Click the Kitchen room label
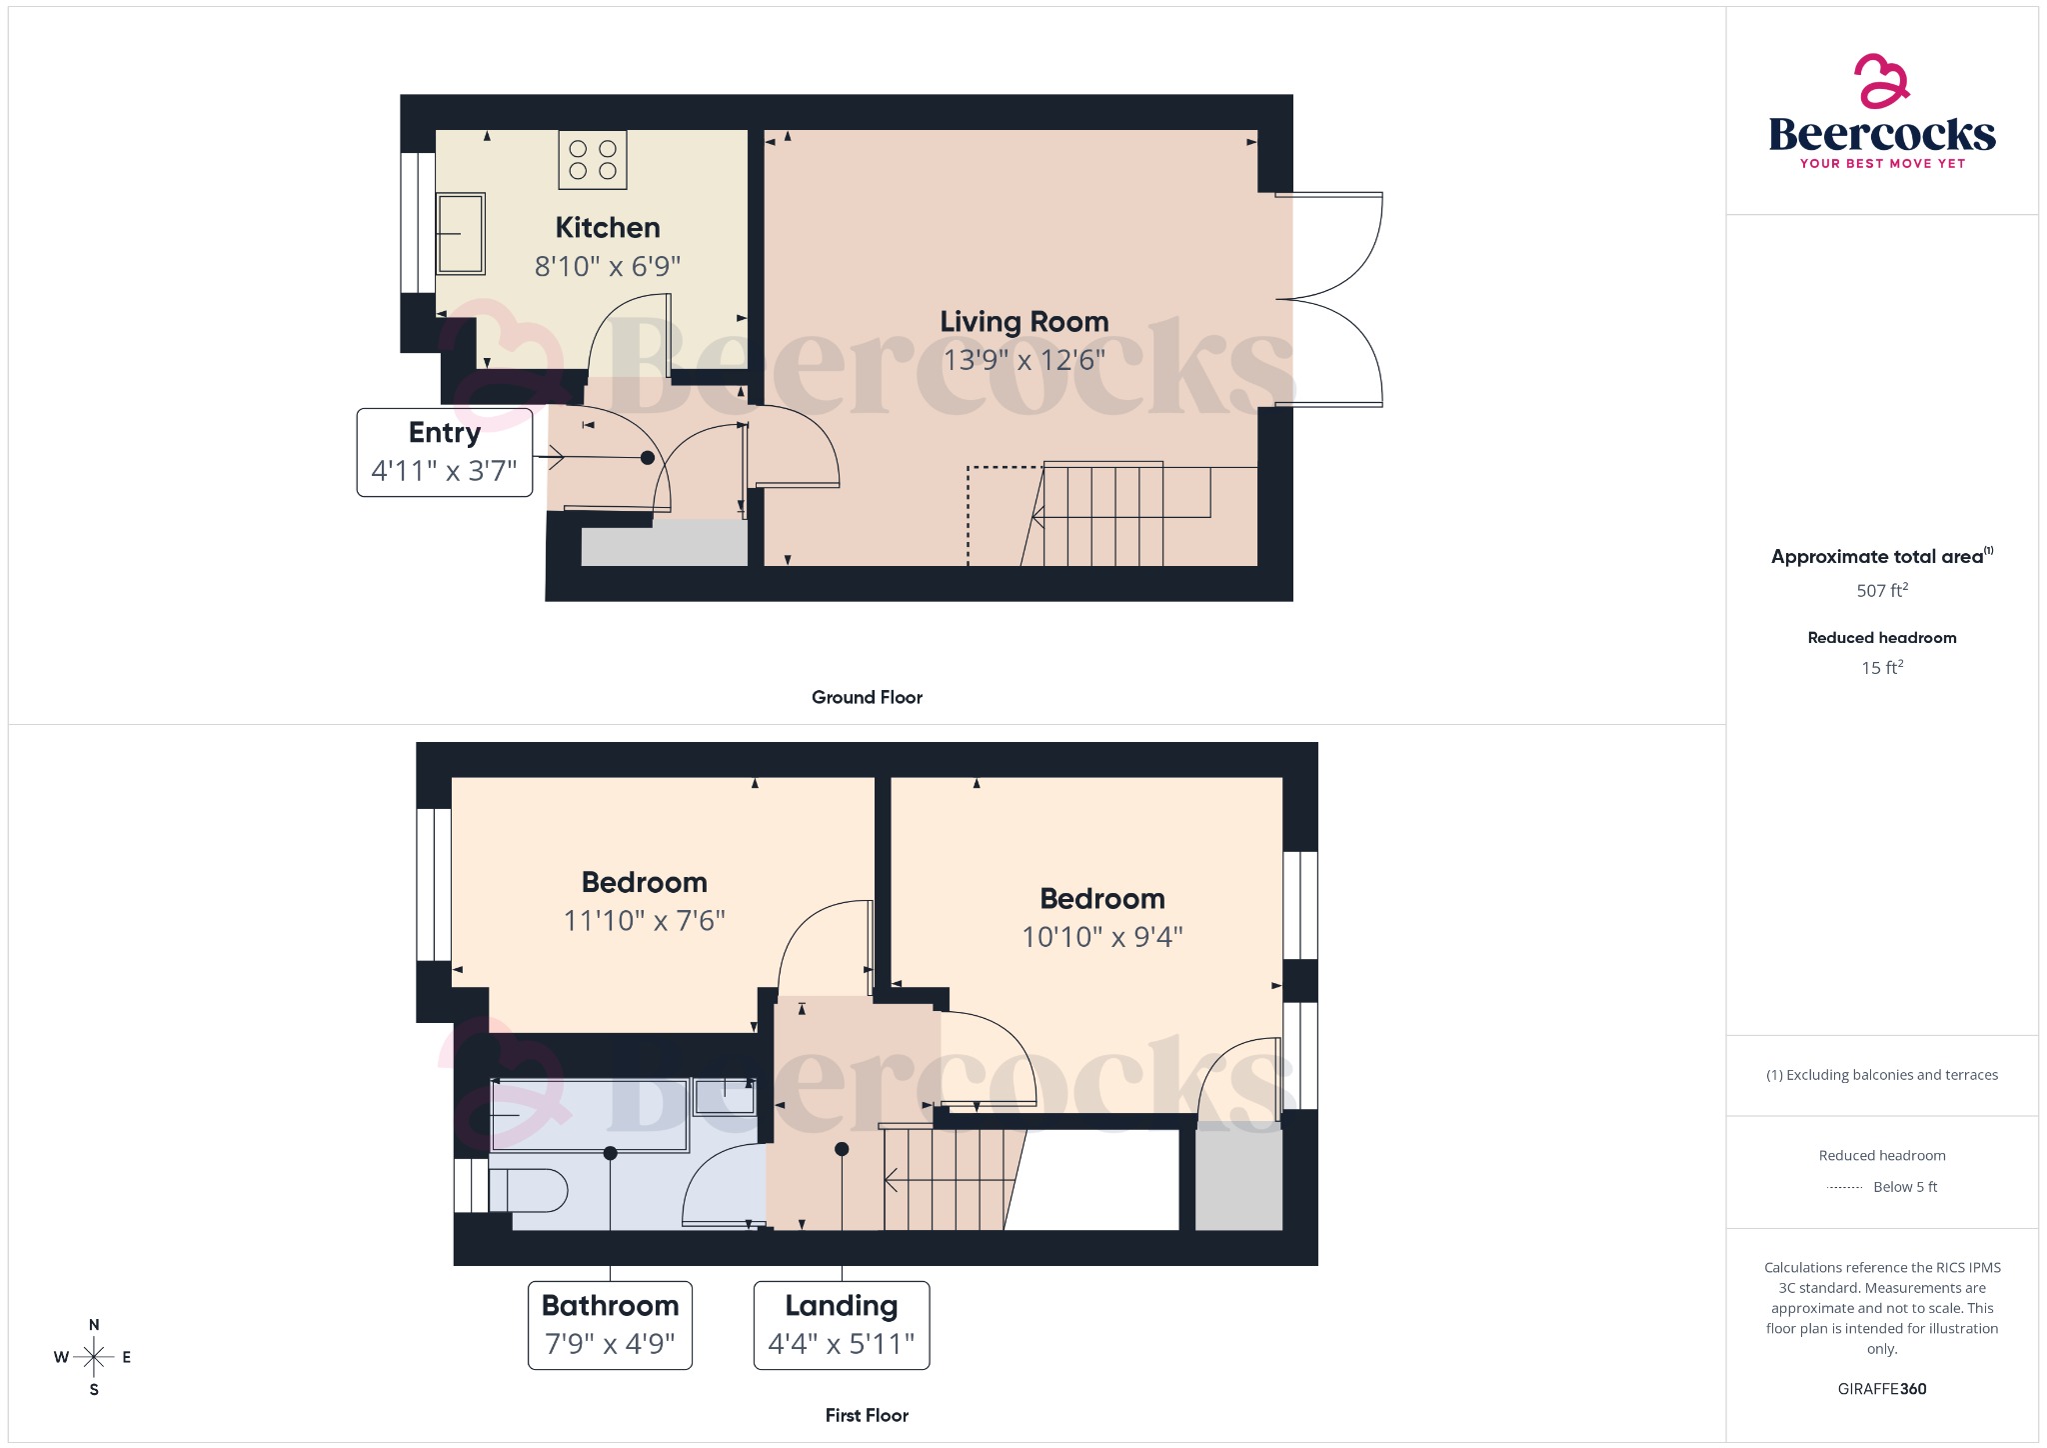pos(607,228)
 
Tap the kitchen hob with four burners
pos(593,160)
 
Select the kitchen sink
pos(461,234)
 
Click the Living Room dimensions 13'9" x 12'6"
pos(1023,360)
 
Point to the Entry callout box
pos(444,452)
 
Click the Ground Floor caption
pos(867,697)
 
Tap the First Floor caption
pos(867,1415)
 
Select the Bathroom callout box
pos(610,1325)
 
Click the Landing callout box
pos(841,1325)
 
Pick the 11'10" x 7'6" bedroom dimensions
pos(644,920)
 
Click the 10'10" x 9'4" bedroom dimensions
pos(1101,937)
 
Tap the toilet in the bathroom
pos(527,1191)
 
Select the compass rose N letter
pos(94,1325)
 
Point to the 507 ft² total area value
pos(1881,591)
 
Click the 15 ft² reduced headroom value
pos(1881,668)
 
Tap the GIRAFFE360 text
pos(1881,1389)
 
